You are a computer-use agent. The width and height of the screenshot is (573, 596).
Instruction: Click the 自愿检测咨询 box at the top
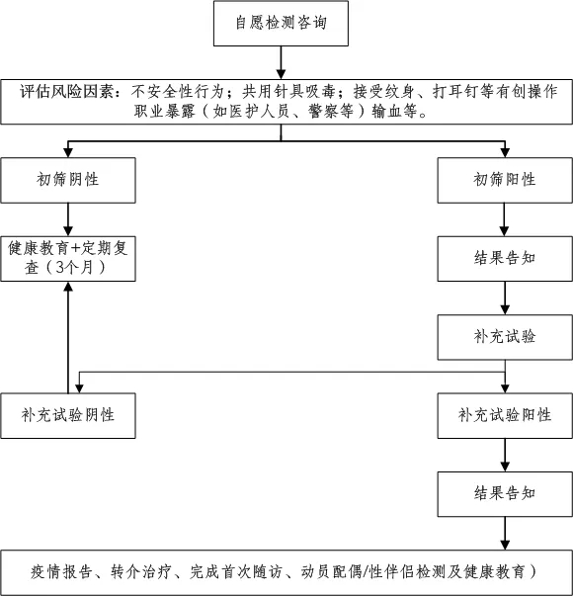[x=281, y=23]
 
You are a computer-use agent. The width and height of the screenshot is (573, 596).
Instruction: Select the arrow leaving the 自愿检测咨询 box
[x=281, y=62]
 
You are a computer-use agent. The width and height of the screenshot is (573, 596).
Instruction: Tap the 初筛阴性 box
[x=68, y=180]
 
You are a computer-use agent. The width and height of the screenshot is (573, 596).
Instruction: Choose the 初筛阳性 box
[x=505, y=180]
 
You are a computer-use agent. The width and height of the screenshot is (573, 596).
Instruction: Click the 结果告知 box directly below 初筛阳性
[x=505, y=259]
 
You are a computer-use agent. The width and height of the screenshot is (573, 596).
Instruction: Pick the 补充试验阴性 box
[x=68, y=415]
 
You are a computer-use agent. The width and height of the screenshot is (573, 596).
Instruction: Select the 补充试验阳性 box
[x=505, y=415]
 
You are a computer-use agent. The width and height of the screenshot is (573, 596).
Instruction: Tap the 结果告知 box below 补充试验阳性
[x=505, y=494]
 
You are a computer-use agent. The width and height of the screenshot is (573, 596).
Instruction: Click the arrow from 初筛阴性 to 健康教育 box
[x=68, y=219]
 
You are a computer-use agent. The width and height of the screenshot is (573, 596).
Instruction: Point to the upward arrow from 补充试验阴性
[x=68, y=337]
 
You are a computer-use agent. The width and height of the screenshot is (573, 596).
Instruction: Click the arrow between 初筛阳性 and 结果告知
[x=505, y=219]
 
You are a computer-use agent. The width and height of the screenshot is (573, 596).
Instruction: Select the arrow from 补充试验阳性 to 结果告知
[x=505, y=455]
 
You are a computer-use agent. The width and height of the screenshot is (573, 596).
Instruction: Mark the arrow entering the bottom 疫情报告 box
[x=505, y=534]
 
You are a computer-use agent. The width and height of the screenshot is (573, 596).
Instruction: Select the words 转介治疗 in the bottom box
[x=141, y=571]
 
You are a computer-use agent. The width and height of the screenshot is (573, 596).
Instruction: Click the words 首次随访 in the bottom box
[x=252, y=571]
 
